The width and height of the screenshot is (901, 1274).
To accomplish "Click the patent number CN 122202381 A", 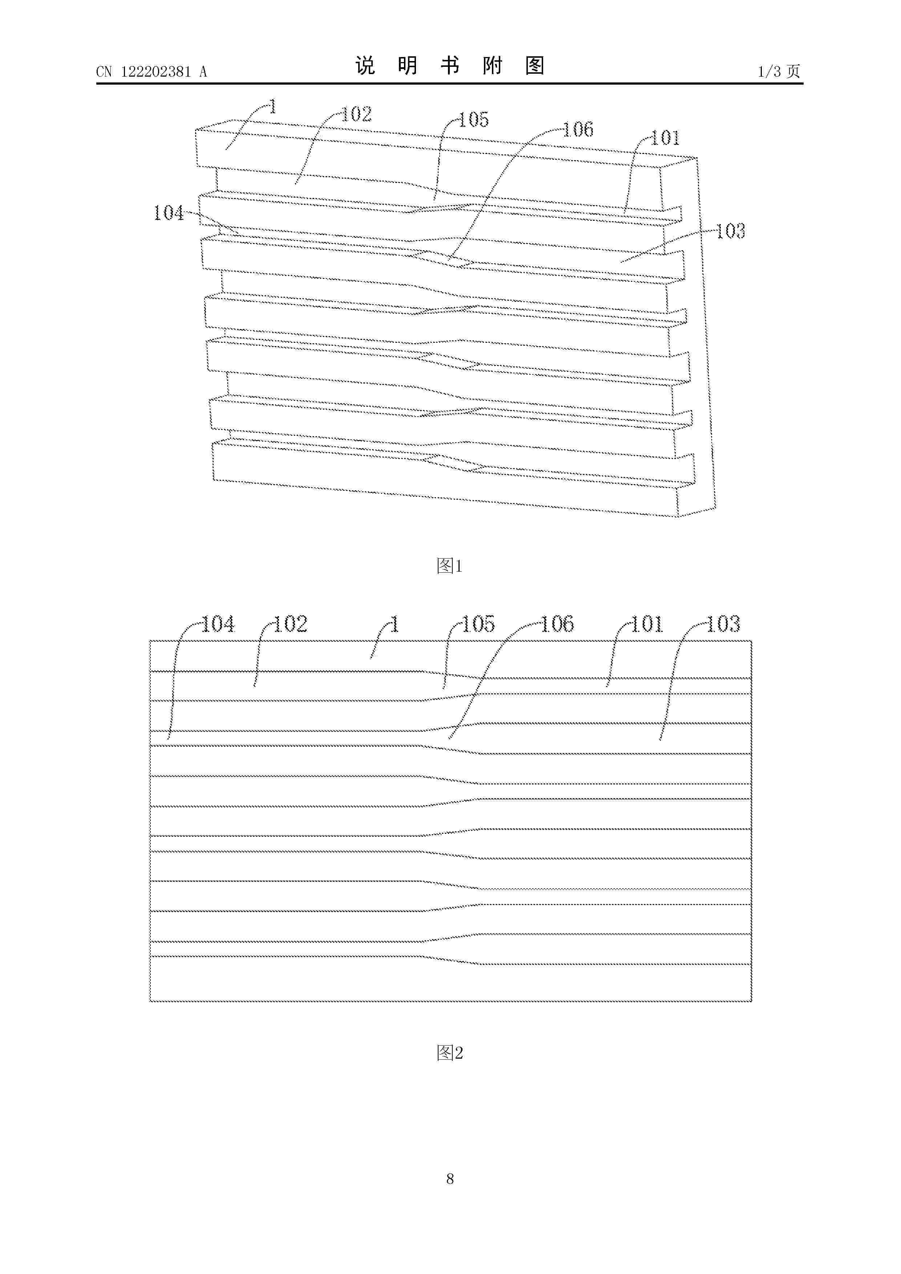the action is pyautogui.click(x=151, y=72).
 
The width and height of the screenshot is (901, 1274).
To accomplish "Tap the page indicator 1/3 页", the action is pyautogui.click(x=779, y=71).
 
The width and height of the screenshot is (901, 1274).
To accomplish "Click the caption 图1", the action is pyautogui.click(x=450, y=566).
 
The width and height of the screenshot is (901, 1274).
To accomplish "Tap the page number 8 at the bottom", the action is pyautogui.click(x=450, y=1178).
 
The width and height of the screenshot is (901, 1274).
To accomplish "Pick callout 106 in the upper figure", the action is pyautogui.click(x=578, y=129).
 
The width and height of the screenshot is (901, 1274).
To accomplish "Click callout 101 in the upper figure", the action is pyautogui.click(x=665, y=138).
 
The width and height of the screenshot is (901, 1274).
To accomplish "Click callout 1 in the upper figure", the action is pyautogui.click(x=272, y=106).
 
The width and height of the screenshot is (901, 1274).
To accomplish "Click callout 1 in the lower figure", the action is pyautogui.click(x=395, y=624).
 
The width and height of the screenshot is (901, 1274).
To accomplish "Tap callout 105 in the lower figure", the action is pyautogui.click(x=478, y=624).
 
